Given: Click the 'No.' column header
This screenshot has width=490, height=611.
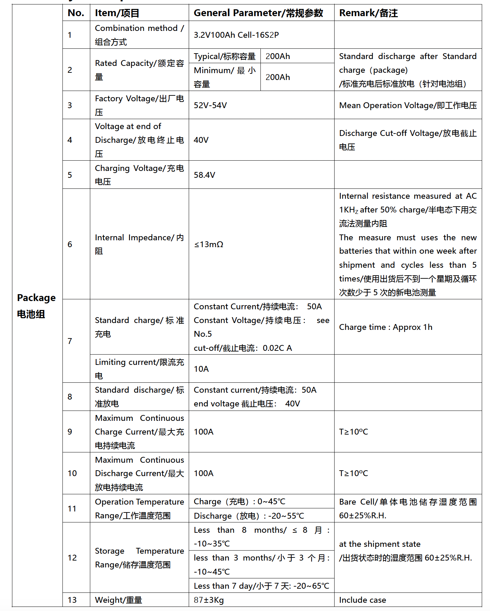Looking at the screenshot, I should click(x=76, y=13).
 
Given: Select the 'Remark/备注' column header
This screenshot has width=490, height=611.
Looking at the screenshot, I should click(x=368, y=13).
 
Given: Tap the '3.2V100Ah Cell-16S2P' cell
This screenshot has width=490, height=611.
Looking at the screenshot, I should click(x=236, y=35).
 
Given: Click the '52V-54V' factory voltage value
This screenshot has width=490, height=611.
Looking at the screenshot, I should click(x=210, y=105).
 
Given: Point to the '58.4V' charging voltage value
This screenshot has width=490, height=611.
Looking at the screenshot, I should click(x=204, y=175).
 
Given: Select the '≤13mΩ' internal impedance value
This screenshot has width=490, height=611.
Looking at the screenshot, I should click(x=209, y=244).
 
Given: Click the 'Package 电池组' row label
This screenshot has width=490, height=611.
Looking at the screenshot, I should click(x=36, y=305).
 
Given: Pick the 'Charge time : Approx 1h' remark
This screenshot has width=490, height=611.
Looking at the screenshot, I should click(x=385, y=327).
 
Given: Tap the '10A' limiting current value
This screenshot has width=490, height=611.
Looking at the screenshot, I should click(x=201, y=369).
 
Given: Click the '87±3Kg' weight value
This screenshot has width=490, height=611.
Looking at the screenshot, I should click(x=209, y=600).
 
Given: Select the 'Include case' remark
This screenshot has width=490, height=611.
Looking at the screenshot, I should click(x=362, y=600).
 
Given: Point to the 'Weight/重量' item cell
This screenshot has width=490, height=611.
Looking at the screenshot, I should click(x=118, y=600).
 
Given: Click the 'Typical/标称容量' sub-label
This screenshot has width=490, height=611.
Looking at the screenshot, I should click(x=224, y=56).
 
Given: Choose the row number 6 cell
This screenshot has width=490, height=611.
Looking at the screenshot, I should click(x=70, y=244).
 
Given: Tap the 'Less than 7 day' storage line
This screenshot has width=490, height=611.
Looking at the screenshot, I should click(x=261, y=586).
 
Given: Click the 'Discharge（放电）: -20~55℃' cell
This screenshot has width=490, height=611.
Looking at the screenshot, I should click(x=249, y=516).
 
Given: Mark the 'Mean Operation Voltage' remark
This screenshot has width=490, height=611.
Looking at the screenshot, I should click(x=408, y=105).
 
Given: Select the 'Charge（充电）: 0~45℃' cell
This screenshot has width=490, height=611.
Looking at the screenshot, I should click(x=239, y=502).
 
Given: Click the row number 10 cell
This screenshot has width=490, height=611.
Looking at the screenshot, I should click(x=72, y=473).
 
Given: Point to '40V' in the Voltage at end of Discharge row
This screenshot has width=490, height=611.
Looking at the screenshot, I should click(x=201, y=140).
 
